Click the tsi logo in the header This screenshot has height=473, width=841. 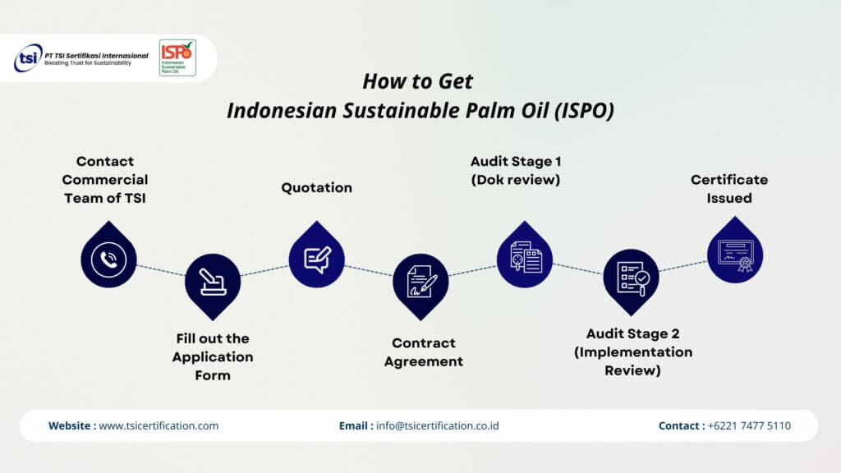tap(28, 58)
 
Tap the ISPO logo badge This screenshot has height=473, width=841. tap(177, 58)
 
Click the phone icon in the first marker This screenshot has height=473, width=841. tap(109, 259)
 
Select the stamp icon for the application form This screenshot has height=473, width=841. tap(213, 282)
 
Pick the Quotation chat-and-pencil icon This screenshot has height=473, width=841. tap(317, 259)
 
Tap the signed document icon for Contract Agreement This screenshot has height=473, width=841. tap(421, 281)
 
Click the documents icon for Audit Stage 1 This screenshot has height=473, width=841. tap(526, 257)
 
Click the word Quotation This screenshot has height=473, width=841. tap(316, 188)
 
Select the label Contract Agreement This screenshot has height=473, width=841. tap(423, 352)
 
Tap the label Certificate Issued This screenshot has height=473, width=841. tap(729, 189)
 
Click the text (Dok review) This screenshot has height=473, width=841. tap(516, 180)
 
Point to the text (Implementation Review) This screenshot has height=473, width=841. tap(633, 361)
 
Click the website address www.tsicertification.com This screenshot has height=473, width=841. tap(159, 426)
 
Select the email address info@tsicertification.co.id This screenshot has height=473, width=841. tap(438, 426)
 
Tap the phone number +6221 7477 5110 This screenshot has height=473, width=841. tap(749, 426)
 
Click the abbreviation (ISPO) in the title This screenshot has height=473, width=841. tap(584, 111)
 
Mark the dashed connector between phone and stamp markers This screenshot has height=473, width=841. tap(160, 270)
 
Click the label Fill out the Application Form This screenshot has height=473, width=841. tap(213, 357)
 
